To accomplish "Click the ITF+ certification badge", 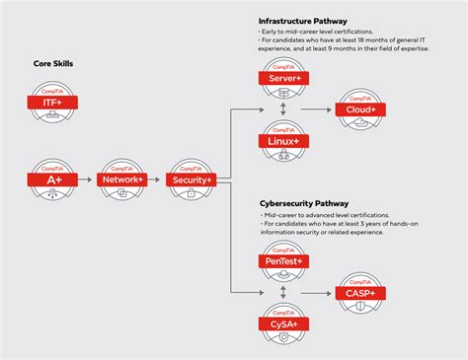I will (52, 102).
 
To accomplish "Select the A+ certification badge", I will (52, 180).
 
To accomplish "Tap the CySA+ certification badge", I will (284, 323).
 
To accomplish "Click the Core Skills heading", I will (53, 65).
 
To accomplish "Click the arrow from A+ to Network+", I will (86, 180).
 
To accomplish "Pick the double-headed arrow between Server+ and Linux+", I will (284, 109).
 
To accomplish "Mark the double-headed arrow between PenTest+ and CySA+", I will (284, 292).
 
